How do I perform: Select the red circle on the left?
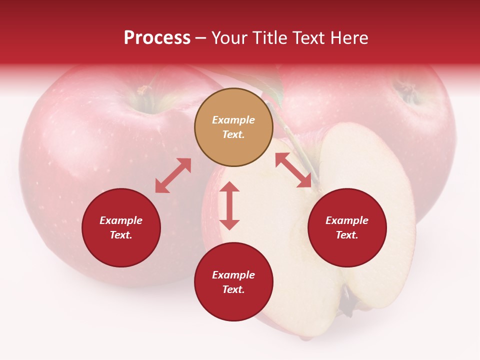coord(121,228)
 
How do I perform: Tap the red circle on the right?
coord(347,228)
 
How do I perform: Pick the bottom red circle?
coord(233,282)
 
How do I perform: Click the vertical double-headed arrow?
coord(229,205)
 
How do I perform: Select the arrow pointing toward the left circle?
coord(173,175)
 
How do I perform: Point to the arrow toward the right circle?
coord(293,170)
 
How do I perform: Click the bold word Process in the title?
coord(157,37)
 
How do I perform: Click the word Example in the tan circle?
coord(233,120)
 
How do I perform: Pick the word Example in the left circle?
coord(121,220)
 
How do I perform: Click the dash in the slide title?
coord(201,38)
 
